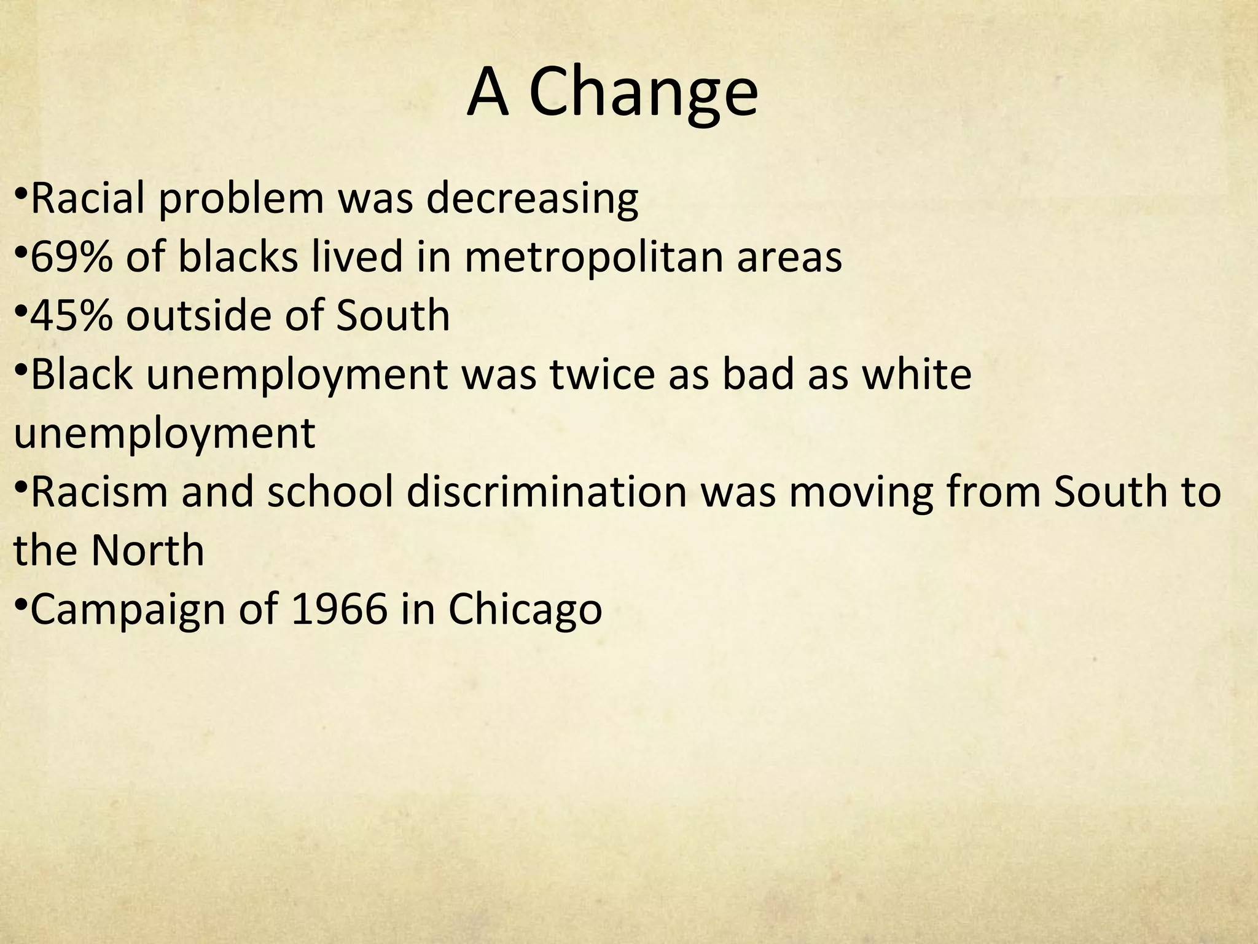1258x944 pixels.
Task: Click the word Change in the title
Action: tap(643, 93)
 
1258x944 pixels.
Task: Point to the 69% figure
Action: tap(71, 256)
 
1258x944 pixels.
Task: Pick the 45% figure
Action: tap(71, 315)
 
